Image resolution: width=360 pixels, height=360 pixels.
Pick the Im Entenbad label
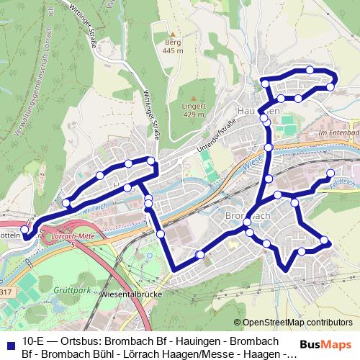click(x=337, y=133)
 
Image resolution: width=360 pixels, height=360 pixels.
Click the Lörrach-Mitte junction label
click(x=70, y=235)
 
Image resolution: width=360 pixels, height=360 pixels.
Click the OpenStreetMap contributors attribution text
click(x=297, y=322)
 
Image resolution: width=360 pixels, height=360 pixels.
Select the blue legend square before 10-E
click(x=11, y=341)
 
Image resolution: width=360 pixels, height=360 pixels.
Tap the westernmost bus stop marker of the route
click(x=25, y=230)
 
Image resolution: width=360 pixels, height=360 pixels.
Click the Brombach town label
click(x=247, y=215)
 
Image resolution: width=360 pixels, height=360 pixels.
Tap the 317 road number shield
click(x=5, y=291)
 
